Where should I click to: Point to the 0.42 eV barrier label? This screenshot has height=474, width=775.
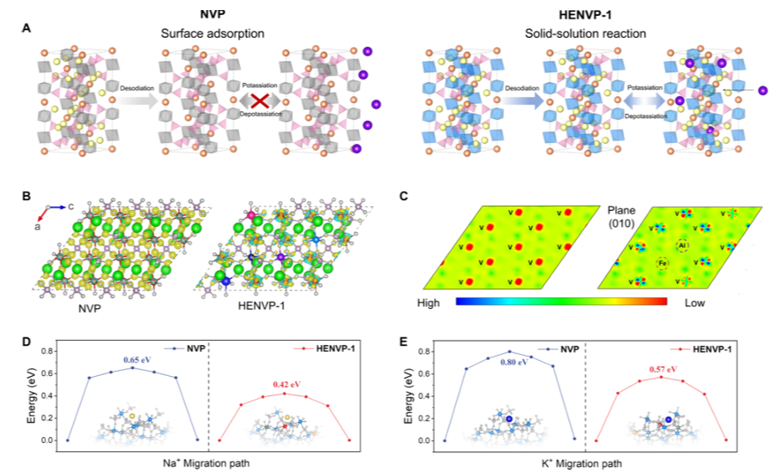(x=286, y=385)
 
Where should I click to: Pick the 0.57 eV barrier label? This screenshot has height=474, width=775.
(x=662, y=368)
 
